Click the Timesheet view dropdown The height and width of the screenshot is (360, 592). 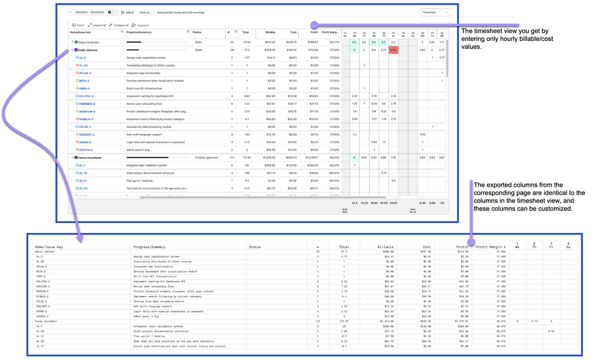point(434,12)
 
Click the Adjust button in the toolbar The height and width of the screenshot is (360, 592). point(127,12)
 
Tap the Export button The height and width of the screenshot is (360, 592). point(78,26)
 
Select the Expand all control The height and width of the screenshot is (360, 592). point(97,26)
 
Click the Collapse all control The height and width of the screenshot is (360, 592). point(119,26)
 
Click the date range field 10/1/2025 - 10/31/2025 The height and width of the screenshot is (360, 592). point(89,12)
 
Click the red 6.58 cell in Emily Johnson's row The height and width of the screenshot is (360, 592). point(393,50)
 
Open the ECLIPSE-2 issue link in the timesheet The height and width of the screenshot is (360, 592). point(86,96)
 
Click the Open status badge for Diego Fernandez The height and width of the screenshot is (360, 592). point(199,43)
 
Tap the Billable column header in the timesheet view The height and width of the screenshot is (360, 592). point(270,33)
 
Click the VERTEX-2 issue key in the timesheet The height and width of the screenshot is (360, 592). point(85,150)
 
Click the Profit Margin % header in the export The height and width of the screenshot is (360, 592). point(491,247)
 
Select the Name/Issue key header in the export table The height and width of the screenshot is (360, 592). point(49,247)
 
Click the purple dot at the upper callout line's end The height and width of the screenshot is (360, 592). point(315,26)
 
